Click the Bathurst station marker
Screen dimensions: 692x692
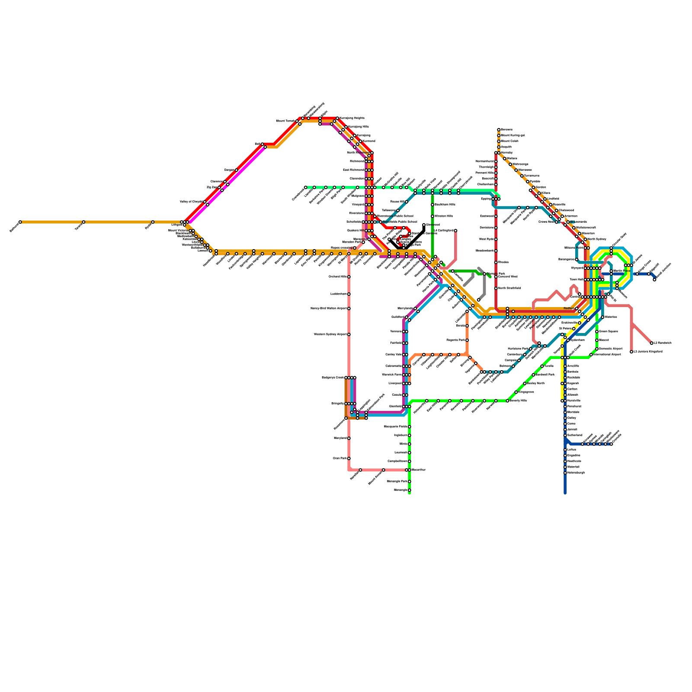(20, 222)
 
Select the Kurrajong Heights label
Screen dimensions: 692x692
(352, 118)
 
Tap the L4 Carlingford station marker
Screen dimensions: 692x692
(455, 231)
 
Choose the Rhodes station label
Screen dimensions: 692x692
(503, 263)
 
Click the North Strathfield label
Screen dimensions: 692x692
(509, 288)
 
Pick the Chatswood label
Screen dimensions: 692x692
(567, 210)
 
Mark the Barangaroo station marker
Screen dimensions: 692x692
(577, 259)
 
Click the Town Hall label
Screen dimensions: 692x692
(577, 279)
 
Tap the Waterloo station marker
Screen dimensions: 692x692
(602, 317)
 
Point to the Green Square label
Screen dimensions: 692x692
(609, 332)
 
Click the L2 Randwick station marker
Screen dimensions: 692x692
(652, 343)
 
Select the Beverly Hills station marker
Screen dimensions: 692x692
(507, 401)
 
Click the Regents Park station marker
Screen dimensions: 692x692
(467, 340)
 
